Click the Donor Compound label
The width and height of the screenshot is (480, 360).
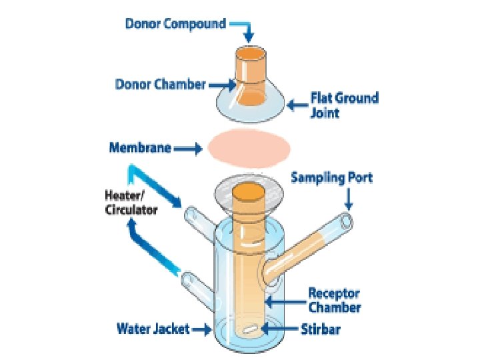(175, 24)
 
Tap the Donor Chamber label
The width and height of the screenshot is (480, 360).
(161, 85)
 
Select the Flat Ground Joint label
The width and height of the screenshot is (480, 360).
(344, 105)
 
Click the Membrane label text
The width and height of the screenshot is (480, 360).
(140, 148)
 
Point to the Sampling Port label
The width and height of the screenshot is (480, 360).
(332, 178)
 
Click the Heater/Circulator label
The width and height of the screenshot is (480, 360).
(131, 203)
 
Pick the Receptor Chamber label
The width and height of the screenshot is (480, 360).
(334, 300)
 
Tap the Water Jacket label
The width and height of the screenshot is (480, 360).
(153, 329)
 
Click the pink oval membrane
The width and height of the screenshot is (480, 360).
(249, 148)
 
